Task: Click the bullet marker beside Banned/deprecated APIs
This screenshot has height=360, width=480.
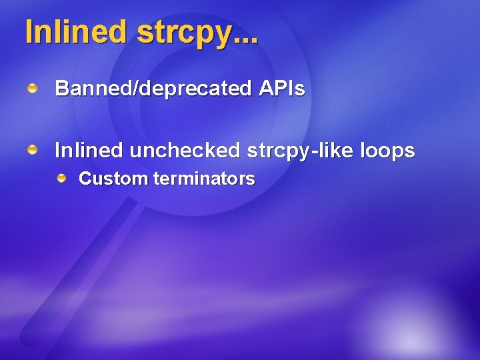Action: tap(33, 88)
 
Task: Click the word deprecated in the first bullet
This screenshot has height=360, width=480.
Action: tap(193, 89)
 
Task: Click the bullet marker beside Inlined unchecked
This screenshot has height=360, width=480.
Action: tap(33, 151)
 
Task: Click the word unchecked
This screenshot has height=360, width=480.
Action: tap(185, 151)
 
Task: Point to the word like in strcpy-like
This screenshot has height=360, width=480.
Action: tap(336, 151)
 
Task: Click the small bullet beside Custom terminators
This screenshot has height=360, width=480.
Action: tap(61, 178)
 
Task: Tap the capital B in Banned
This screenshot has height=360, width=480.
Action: tap(61, 89)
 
